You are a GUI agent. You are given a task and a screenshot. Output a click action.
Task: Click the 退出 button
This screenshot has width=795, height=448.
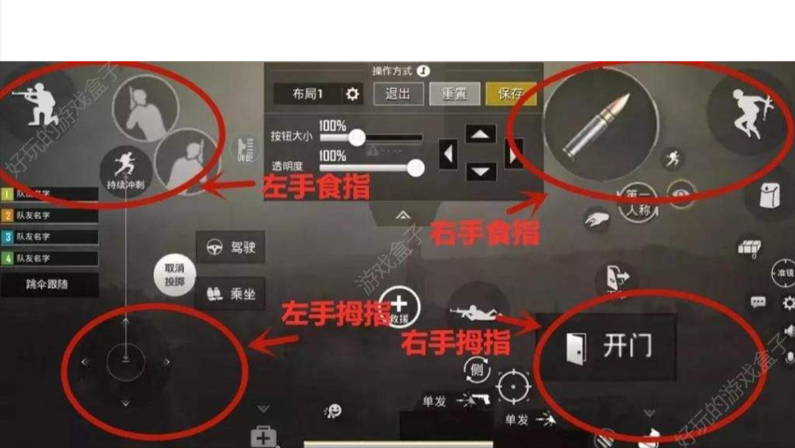[398, 94]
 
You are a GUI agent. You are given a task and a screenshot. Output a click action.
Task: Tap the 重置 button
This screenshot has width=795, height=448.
[454, 94]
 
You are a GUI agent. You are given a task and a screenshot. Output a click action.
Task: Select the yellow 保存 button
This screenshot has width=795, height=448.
[510, 94]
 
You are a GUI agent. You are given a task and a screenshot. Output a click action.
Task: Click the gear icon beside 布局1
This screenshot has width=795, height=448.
[352, 94]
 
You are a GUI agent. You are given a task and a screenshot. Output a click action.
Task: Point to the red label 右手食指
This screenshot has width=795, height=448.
[485, 233]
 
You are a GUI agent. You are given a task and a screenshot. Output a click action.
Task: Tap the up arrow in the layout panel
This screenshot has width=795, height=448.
[480, 134]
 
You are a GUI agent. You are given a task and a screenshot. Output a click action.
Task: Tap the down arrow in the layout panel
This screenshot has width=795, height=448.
[480, 171]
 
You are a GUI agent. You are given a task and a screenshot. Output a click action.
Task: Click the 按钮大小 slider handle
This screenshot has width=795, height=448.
[356, 138]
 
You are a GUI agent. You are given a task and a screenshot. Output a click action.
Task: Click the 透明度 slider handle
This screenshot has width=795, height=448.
[416, 168]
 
